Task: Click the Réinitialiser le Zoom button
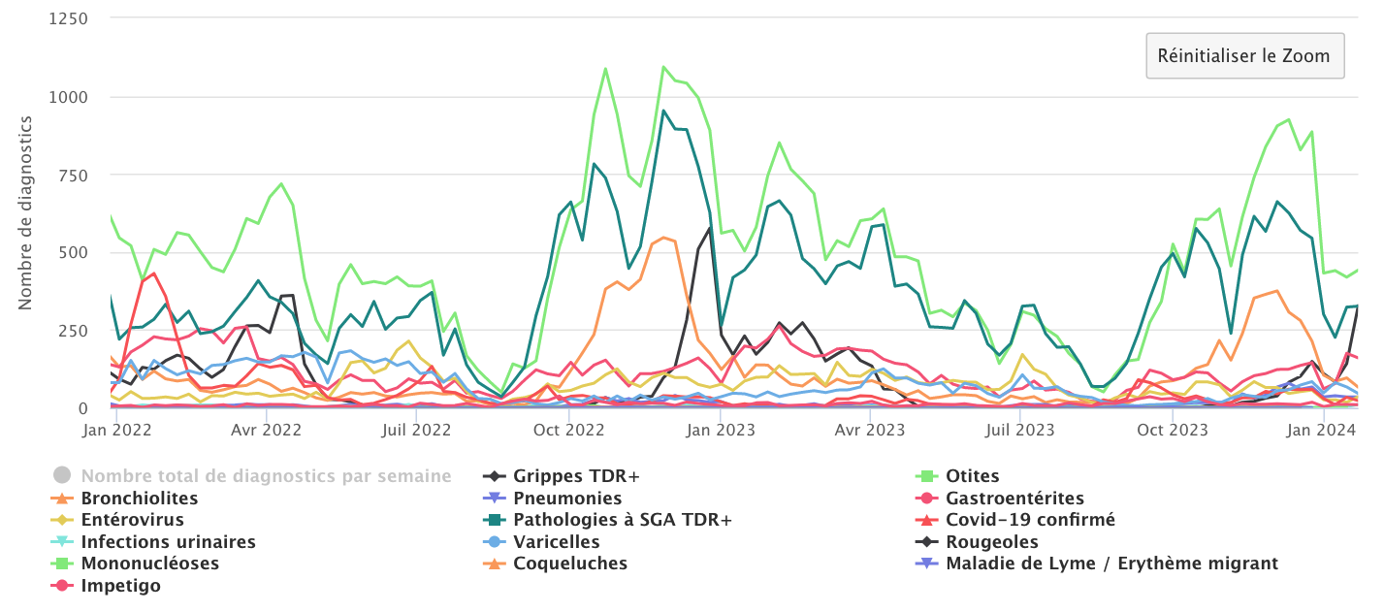tap(1244, 55)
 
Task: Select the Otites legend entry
tap(972, 476)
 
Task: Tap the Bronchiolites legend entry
tap(139, 499)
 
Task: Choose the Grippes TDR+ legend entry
tap(576, 476)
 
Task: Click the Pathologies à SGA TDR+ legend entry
tap(623, 520)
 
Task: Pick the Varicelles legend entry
tap(556, 542)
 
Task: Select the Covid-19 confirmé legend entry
tap(1030, 520)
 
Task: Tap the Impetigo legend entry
tap(120, 586)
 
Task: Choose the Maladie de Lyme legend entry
tap(1110, 564)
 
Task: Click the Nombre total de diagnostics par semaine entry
tap(266, 476)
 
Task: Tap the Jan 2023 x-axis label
tap(722, 429)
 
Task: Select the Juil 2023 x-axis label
tap(1021, 429)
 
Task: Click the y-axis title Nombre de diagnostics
tap(26, 213)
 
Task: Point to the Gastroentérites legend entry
tap(1014, 499)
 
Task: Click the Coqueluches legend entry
tap(570, 564)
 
